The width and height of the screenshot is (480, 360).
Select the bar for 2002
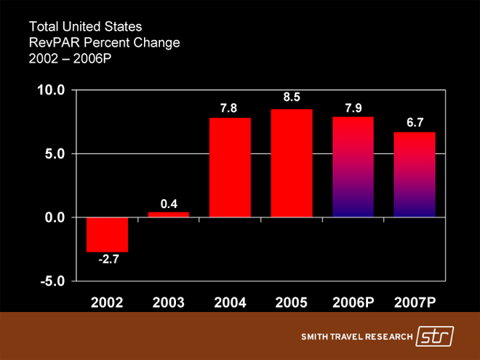pyautogui.click(x=107, y=234)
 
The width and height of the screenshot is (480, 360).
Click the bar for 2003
pyautogui.click(x=169, y=215)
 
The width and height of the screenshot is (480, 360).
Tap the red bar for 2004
pyautogui.click(x=230, y=167)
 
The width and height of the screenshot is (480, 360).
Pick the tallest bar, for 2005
pyautogui.click(x=292, y=163)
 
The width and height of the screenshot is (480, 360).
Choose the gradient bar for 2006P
pyautogui.click(x=353, y=167)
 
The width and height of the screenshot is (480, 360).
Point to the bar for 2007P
pyautogui.click(x=415, y=175)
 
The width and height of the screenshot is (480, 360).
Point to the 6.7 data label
pyautogui.click(x=415, y=123)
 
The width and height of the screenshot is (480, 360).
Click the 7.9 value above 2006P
pyautogui.click(x=353, y=108)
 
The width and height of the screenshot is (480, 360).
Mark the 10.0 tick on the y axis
pyautogui.click(x=52, y=91)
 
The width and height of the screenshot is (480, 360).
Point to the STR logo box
pyautogui.click(x=434, y=337)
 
